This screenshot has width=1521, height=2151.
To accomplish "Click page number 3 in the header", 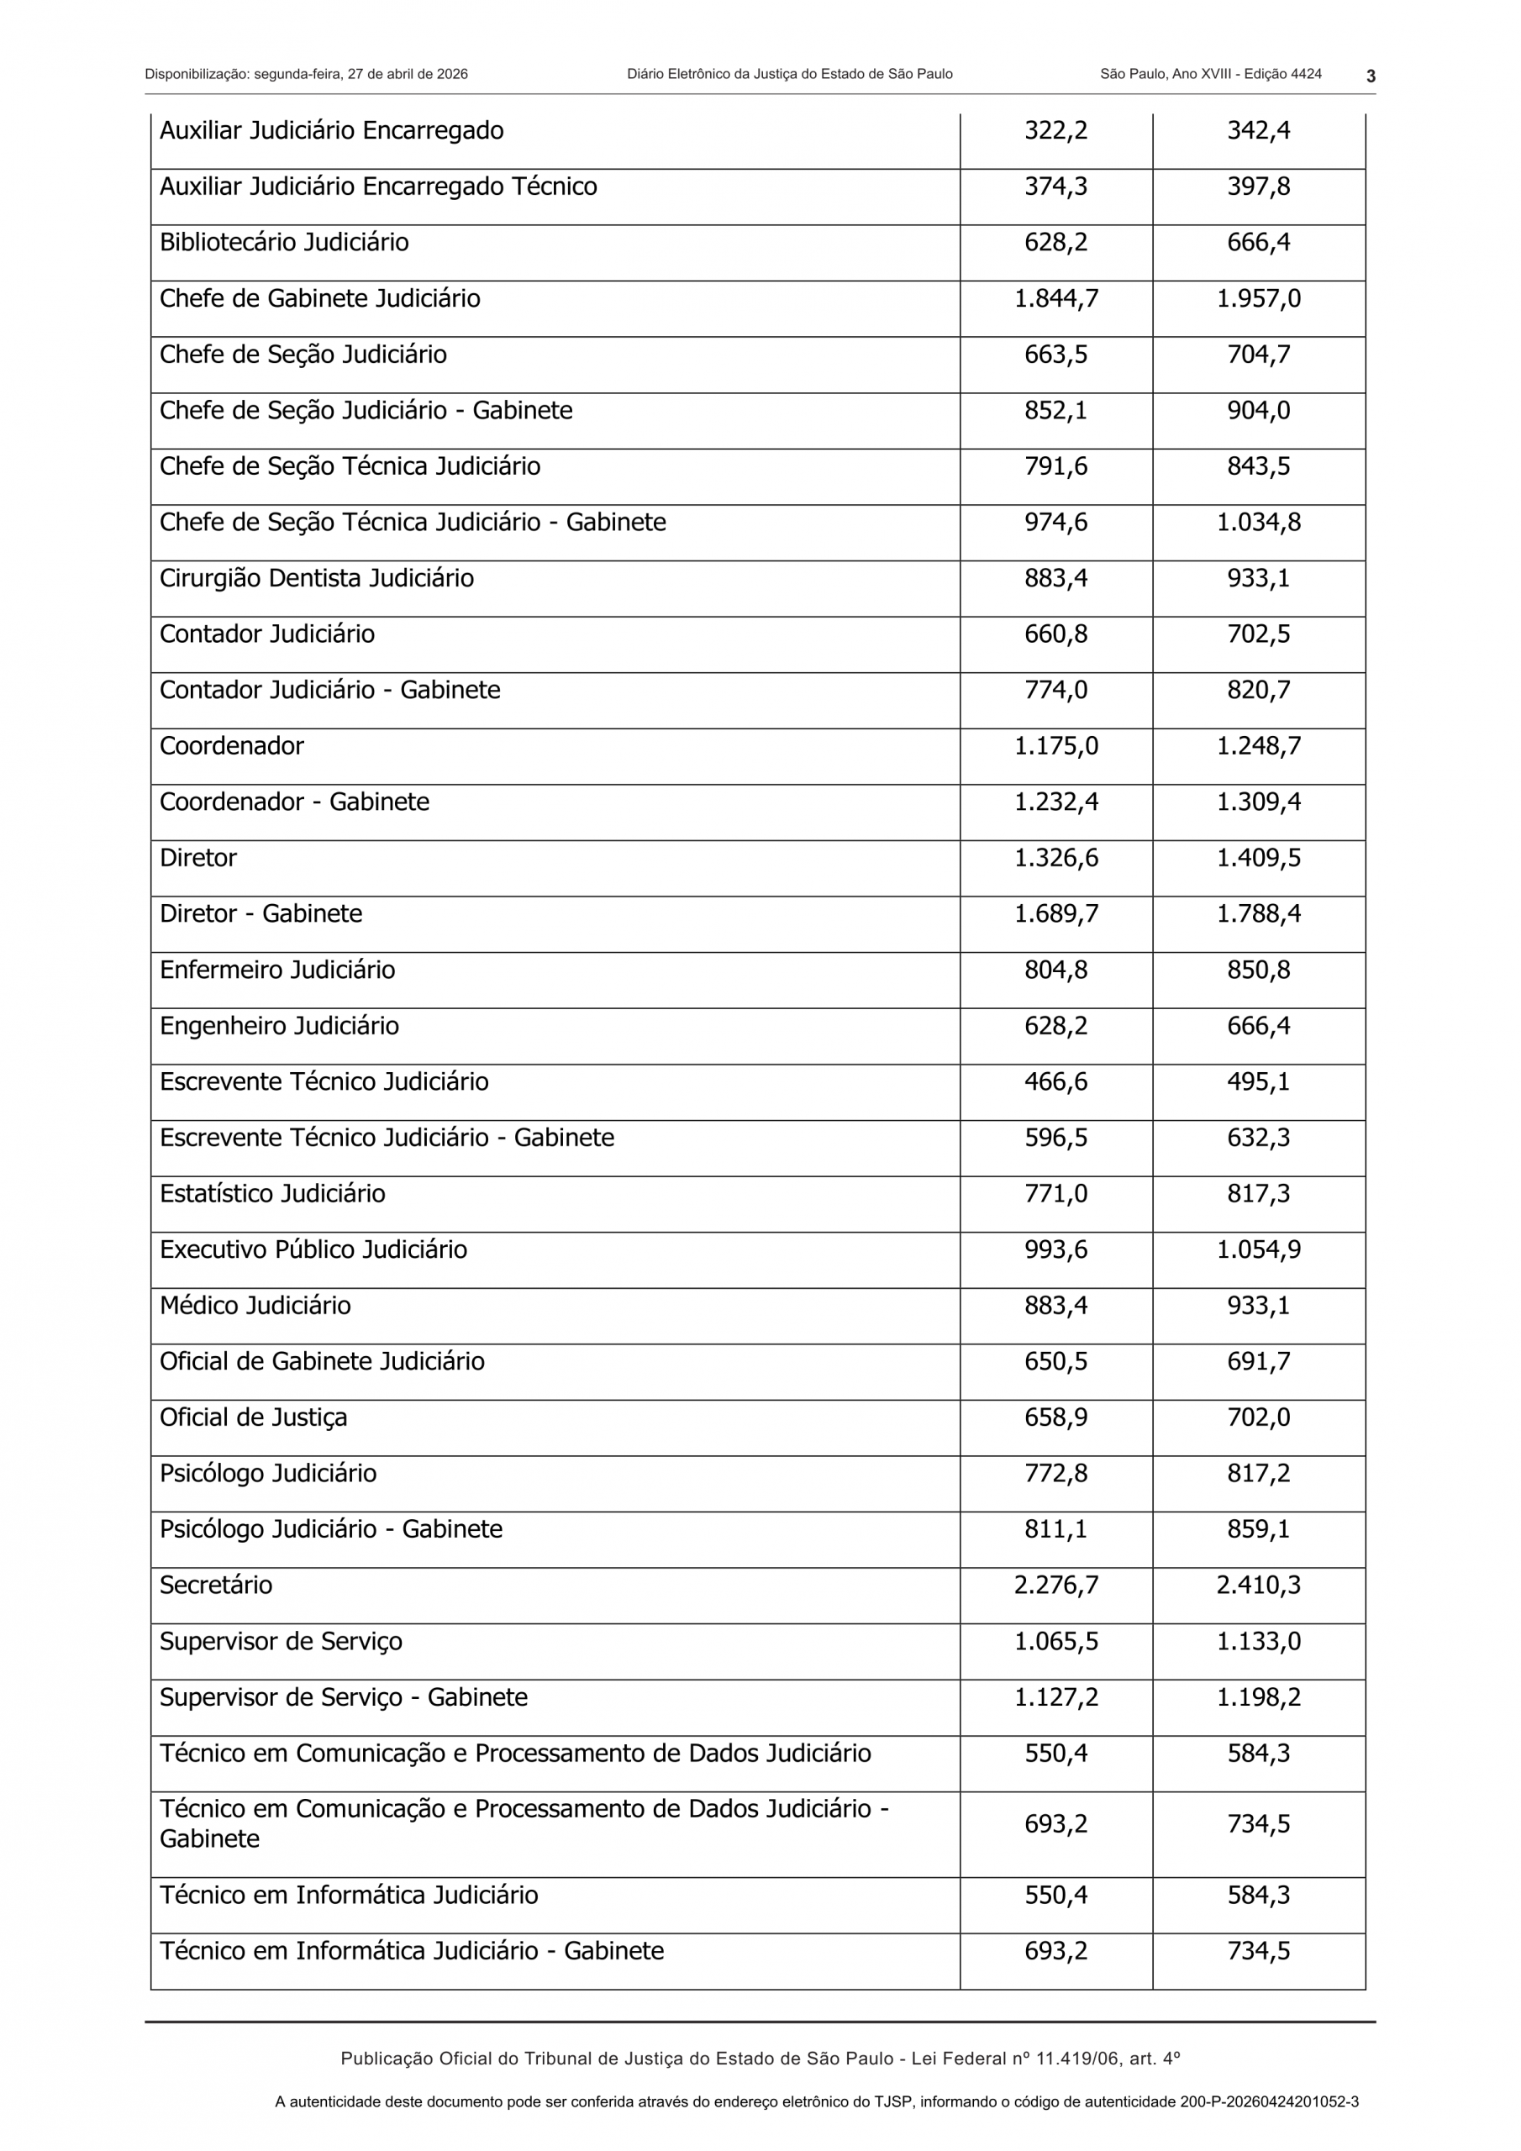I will click(x=1370, y=76).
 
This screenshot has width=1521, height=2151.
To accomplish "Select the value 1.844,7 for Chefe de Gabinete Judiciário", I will click(x=1055, y=299).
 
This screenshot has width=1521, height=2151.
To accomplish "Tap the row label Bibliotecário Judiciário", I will click(x=284, y=243).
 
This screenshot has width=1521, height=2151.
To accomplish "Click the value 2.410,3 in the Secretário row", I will click(x=1258, y=1586).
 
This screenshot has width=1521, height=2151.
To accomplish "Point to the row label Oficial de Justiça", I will click(x=253, y=1417).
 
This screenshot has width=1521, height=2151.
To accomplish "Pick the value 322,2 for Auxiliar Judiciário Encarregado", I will click(x=1055, y=130).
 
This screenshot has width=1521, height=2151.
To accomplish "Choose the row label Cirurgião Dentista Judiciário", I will click(x=317, y=578).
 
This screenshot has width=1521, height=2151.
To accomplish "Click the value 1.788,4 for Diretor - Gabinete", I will click(x=1258, y=913).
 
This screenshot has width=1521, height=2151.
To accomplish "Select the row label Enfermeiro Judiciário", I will click(x=277, y=970).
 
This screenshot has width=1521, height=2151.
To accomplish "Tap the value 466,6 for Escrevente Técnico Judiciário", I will click(x=1055, y=1082).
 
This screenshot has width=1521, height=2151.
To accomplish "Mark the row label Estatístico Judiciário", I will click(x=273, y=1193).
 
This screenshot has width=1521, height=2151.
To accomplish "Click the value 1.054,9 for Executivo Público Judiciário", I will click(x=1258, y=1249).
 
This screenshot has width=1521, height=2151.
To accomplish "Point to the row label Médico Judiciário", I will click(x=255, y=1306).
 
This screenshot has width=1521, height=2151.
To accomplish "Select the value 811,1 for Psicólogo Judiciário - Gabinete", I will click(x=1055, y=1529).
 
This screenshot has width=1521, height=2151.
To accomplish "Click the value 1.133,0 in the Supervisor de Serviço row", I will click(x=1258, y=1641).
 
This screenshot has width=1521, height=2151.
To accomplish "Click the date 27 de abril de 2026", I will click(x=408, y=74).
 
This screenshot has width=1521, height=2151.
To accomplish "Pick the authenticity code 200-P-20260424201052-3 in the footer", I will click(x=1269, y=2101).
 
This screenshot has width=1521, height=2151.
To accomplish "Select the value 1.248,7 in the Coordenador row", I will click(x=1258, y=746).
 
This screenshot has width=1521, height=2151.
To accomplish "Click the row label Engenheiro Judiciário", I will click(x=279, y=1026).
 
